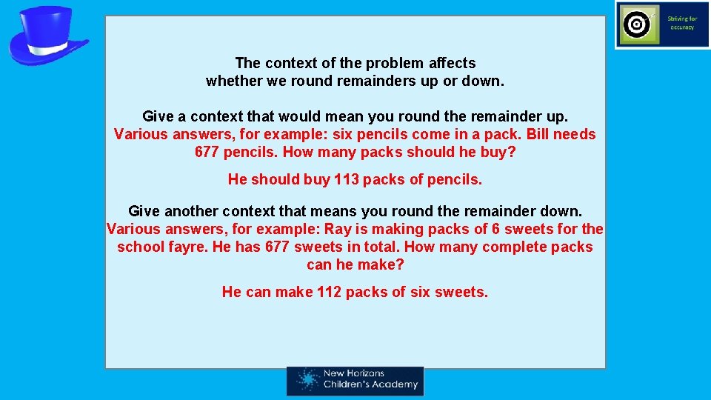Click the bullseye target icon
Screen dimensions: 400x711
[x=637, y=25]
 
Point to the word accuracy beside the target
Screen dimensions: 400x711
[x=682, y=27]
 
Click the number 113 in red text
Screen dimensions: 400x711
[x=347, y=179]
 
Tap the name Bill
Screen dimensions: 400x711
[x=541, y=135]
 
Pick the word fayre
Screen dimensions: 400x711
[x=190, y=247]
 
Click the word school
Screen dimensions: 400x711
[x=140, y=247]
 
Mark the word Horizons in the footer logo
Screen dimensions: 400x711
[x=368, y=374]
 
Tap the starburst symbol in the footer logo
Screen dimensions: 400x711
[x=306, y=380]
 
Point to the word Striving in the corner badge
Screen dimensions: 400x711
[x=682, y=19]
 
